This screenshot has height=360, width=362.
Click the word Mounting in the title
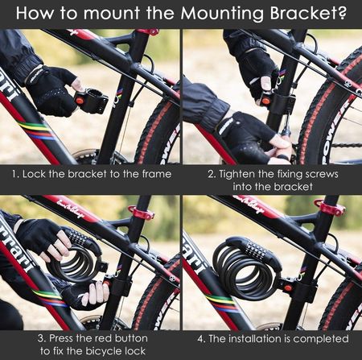click(223, 13)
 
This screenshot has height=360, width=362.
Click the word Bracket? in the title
click(308, 13)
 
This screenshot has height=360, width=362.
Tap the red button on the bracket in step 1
click(80, 101)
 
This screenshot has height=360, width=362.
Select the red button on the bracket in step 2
click(265, 101)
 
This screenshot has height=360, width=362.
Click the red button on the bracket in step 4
click(288, 288)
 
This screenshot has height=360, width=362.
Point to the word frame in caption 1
click(157, 174)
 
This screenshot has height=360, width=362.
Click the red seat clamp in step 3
click(142, 212)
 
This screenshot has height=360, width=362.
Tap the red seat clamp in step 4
click(330, 208)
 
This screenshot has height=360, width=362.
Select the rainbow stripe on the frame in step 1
click(37, 130)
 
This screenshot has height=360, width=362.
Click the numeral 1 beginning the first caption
click(14, 174)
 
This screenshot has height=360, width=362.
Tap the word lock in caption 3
click(135, 351)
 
